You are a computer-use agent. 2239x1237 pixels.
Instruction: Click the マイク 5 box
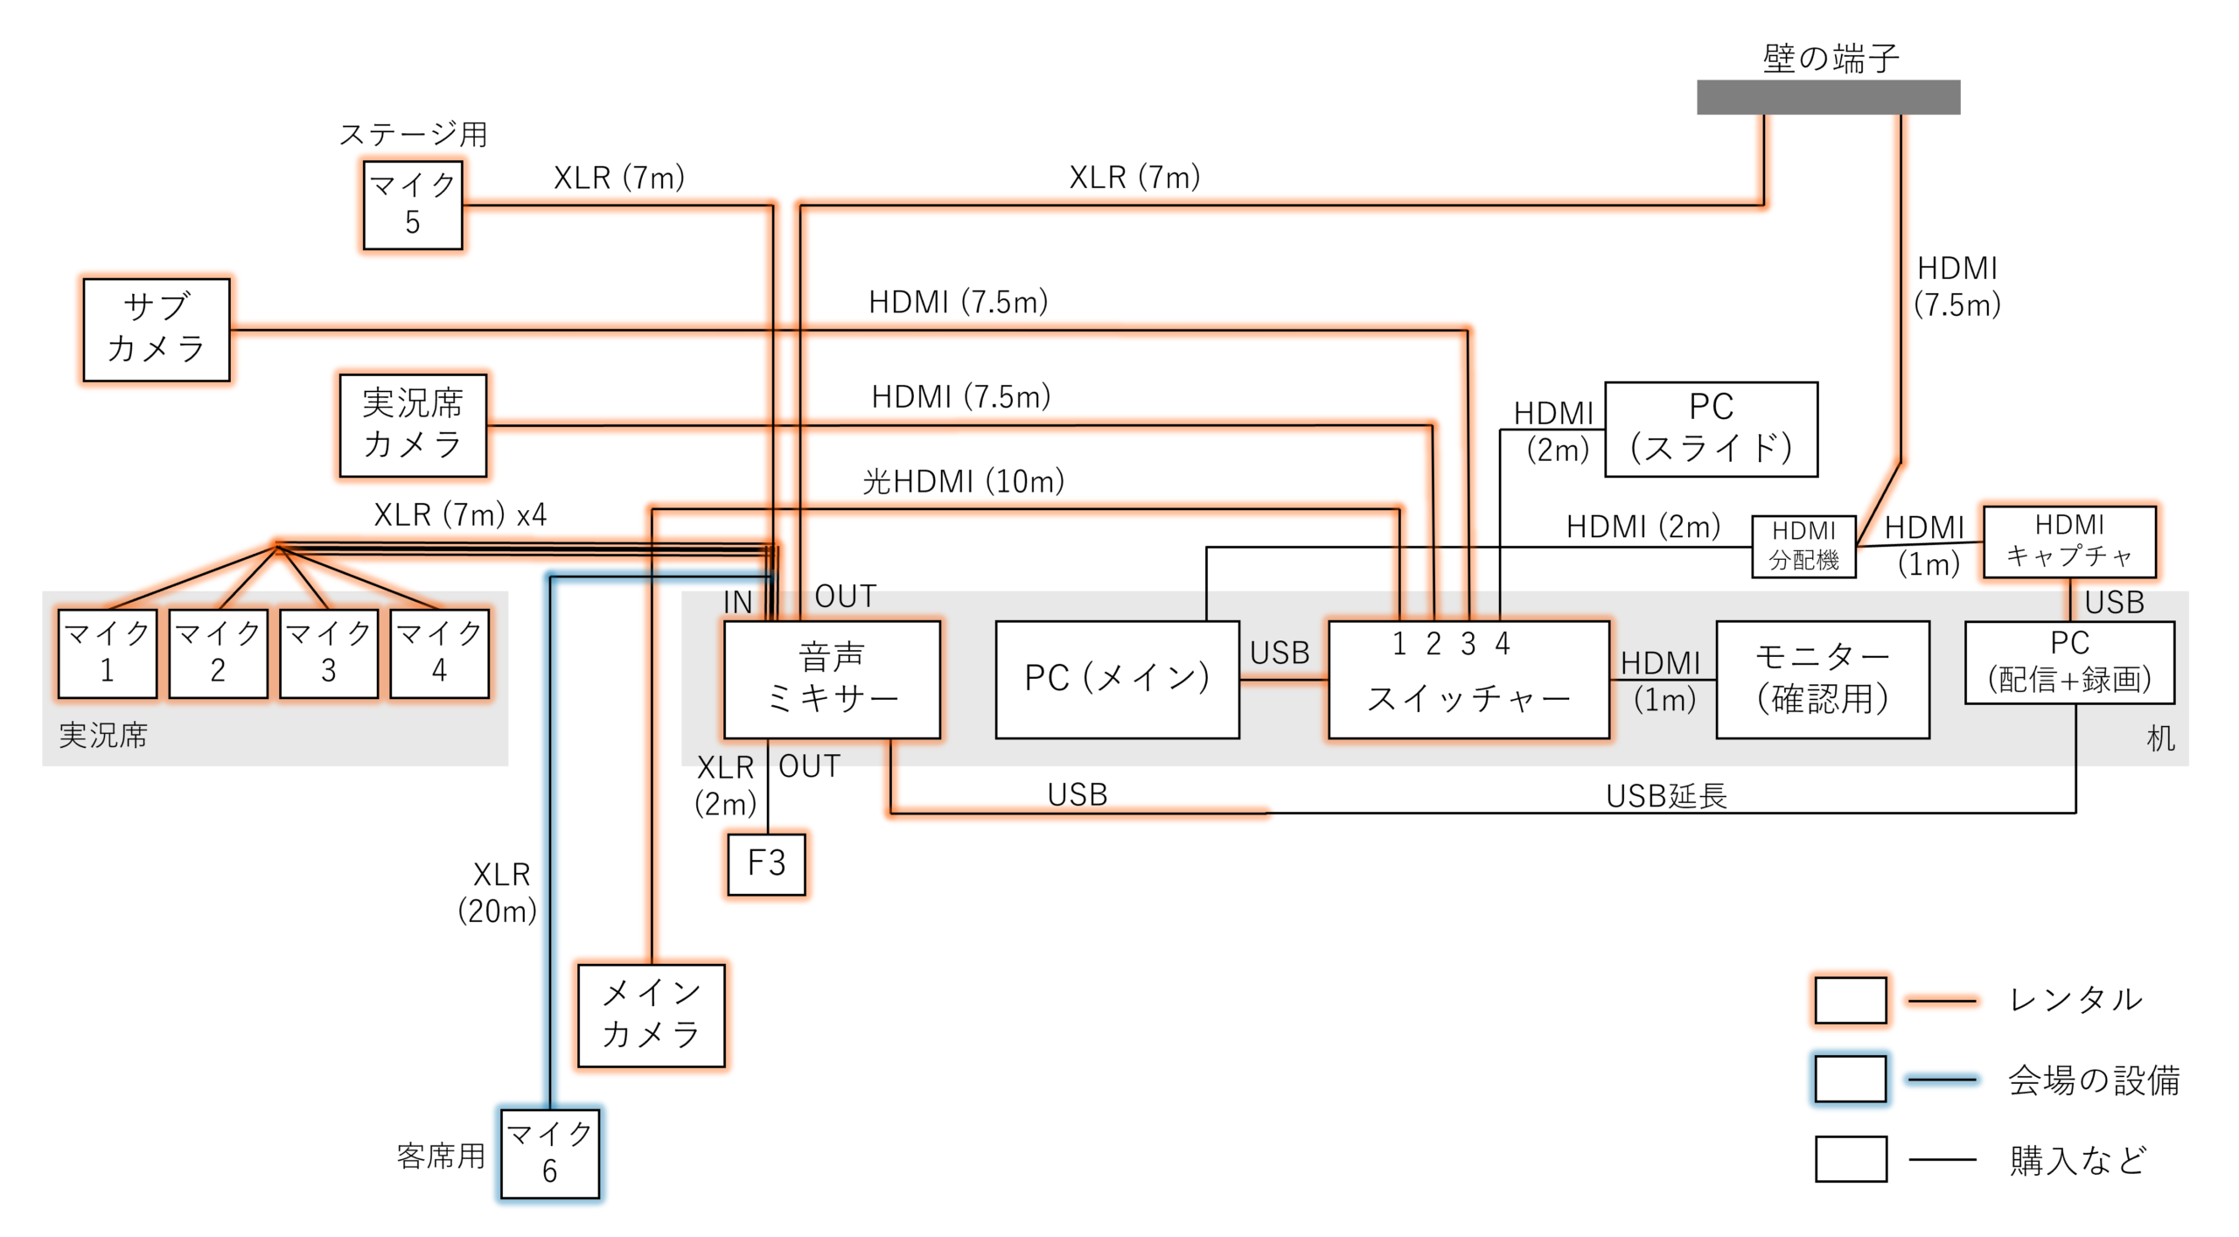point(413,205)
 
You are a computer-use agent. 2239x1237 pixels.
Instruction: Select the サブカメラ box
point(157,330)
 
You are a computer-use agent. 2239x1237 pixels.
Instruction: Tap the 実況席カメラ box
point(413,425)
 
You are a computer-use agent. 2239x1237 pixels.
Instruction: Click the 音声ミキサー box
point(832,679)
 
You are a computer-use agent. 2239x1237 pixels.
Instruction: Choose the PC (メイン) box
point(1117,679)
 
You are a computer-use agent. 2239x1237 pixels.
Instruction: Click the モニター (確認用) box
point(1823,680)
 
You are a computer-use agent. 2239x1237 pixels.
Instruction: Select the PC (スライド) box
point(1711,429)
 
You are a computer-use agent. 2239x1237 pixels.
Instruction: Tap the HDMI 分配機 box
point(1803,546)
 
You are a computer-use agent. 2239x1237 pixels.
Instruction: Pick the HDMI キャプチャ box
point(2069,541)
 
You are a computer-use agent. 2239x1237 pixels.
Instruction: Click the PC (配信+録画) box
point(2069,662)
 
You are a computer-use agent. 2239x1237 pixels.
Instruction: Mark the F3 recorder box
point(766,863)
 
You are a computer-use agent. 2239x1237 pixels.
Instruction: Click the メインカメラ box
point(652,1015)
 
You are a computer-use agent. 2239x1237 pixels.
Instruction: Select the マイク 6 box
point(550,1153)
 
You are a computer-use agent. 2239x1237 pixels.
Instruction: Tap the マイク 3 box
point(329,653)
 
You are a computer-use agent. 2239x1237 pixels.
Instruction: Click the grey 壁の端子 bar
point(1828,97)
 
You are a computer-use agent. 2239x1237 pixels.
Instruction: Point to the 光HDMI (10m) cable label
point(963,481)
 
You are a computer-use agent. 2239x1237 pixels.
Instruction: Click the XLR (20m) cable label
point(498,892)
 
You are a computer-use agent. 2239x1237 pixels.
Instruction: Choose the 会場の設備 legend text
point(2093,1080)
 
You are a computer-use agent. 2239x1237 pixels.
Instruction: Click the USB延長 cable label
point(1666,796)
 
